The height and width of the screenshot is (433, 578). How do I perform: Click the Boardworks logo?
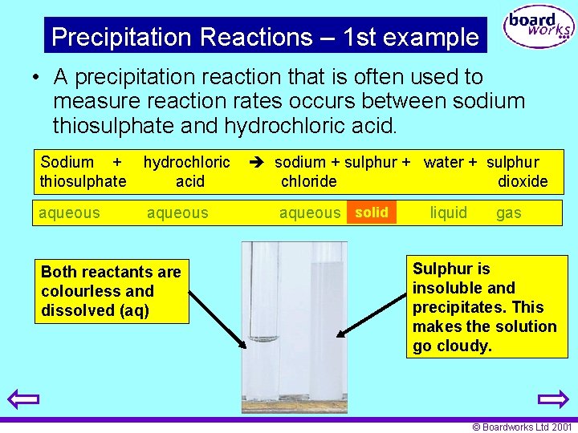[x=538, y=28]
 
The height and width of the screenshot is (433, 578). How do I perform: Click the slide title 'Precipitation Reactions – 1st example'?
[x=265, y=37]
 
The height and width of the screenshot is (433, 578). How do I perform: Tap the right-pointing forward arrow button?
[x=553, y=399]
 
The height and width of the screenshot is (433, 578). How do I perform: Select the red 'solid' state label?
[x=372, y=212]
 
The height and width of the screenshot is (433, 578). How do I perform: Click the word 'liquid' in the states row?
[x=448, y=212]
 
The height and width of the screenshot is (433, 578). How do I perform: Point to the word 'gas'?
[x=508, y=212]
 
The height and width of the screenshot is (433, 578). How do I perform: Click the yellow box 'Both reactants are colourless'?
[x=112, y=291]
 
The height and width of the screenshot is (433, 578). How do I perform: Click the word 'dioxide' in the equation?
[x=523, y=181]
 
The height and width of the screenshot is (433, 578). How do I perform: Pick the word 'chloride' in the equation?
[x=308, y=181]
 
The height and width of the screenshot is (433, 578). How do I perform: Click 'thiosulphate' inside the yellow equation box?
[x=83, y=181]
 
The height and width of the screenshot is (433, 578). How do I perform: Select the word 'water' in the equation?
[x=444, y=162]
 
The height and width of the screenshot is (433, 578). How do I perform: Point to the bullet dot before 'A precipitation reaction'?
[x=37, y=78]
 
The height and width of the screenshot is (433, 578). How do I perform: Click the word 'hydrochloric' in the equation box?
[x=186, y=162]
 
